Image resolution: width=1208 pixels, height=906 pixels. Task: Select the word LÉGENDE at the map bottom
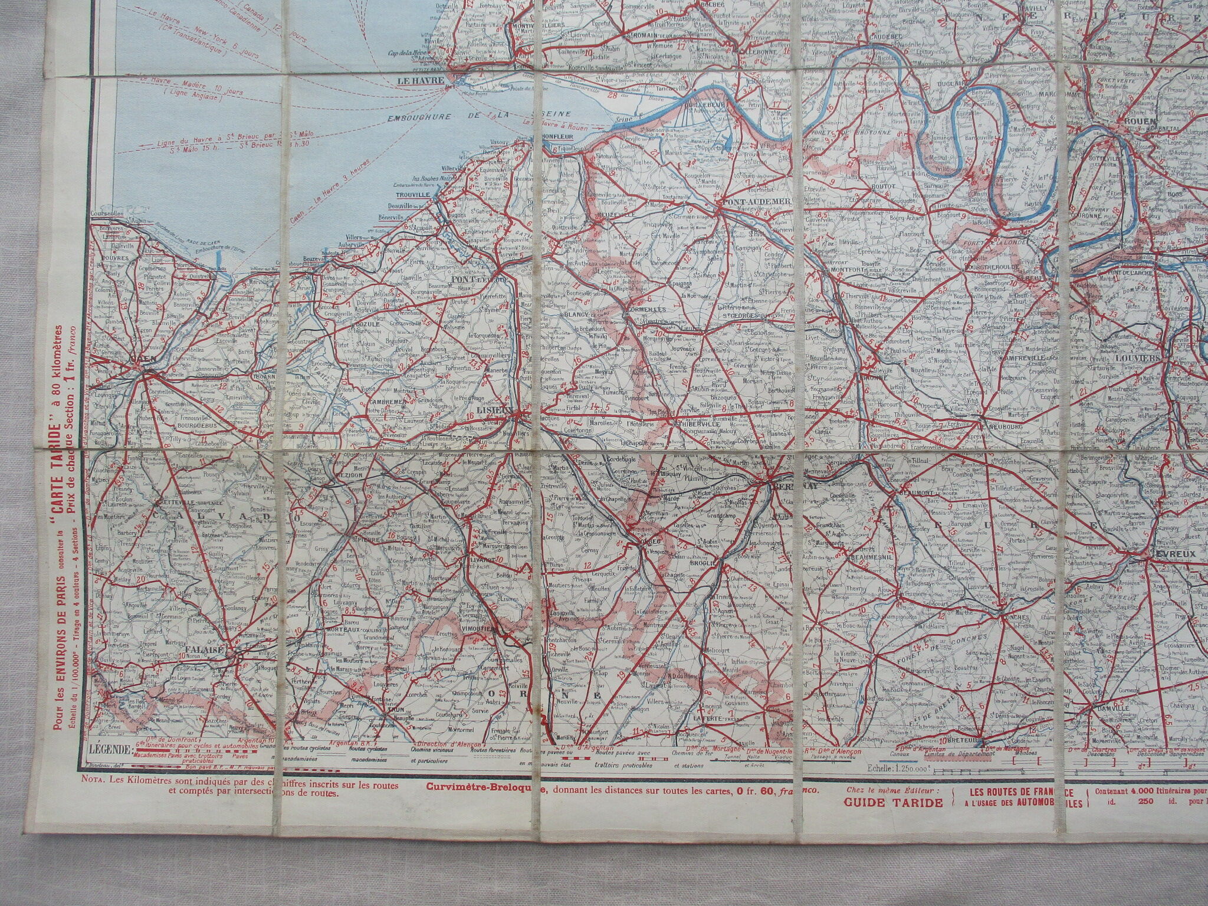113,750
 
